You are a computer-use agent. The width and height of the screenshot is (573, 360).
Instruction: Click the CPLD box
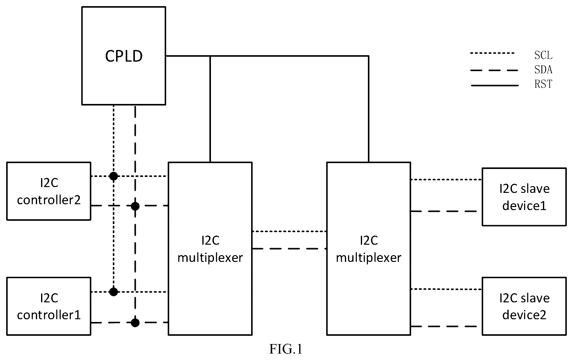(x=124, y=56)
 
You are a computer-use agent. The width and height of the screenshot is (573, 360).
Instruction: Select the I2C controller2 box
(x=49, y=191)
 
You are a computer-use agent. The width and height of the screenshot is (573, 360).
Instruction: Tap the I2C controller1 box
(x=49, y=306)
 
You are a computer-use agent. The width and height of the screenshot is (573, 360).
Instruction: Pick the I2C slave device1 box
(x=524, y=197)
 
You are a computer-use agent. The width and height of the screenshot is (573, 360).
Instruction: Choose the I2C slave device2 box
(x=524, y=306)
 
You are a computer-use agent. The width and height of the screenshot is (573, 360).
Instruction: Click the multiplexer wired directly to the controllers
(x=210, y=249)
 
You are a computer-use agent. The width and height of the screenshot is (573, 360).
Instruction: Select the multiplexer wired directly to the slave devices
(x=369, y=249)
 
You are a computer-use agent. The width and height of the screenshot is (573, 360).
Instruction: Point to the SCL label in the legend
(x=543, y=56)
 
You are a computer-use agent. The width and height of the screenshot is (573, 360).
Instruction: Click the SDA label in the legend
(x=543, y=70)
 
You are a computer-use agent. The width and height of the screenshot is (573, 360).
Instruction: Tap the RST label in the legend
(x=543, y=84)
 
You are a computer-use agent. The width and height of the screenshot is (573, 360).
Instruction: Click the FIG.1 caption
(x=286, y=349)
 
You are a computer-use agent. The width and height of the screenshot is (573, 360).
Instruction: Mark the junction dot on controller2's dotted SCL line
(x=114, y=176)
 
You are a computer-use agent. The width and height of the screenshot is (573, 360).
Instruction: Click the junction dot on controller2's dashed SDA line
(x=135, y=206)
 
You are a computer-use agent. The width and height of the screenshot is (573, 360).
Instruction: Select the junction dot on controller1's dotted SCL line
(x=114, y=292)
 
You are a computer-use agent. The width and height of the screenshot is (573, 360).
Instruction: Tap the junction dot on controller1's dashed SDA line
(x=135, y=323)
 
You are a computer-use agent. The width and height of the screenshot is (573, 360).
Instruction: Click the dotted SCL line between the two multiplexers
(x=289, y=232)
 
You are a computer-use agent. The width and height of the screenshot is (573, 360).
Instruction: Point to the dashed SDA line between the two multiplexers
(x=289, y=248)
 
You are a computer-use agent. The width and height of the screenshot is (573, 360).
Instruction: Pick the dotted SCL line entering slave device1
(x=446, y=180)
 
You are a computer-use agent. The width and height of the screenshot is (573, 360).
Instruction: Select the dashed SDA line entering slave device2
(x=444, y=327)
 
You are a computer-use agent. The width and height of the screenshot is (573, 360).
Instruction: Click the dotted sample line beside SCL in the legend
(x=492, y=53)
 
